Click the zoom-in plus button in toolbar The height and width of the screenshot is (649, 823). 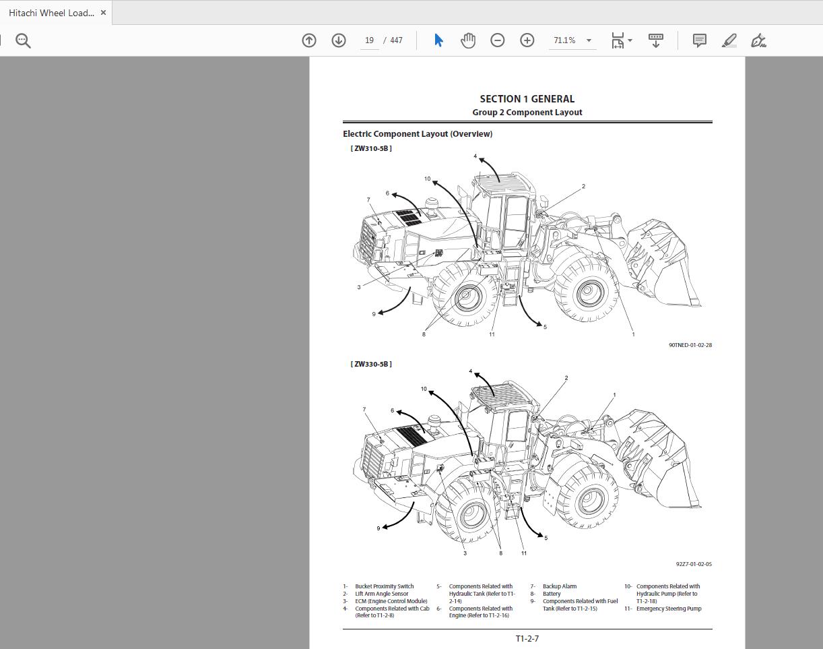click(x=527, y=40)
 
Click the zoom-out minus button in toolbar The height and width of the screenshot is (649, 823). click(x=497, y=40)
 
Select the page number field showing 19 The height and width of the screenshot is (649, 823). click(x=369, y=40)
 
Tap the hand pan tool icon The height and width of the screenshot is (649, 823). click(x=467, y=40)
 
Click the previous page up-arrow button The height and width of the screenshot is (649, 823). click(x=309, y=40)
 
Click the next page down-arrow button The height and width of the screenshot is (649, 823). click(x=339, y=40)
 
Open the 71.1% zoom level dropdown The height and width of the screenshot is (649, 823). click(x=588, y=40)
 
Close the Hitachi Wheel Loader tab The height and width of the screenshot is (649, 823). click(x=103, y=13)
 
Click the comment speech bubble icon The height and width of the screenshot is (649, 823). click(x=699, y=40)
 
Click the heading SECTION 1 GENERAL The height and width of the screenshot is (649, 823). click(x=527, y=99)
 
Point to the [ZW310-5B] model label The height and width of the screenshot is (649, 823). click(x=370, y=148)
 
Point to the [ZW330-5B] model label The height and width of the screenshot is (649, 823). click(x=370, y=364)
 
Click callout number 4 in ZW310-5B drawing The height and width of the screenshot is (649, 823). click(x=475, y=156)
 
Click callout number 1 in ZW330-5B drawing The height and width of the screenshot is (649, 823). click(x=614, y=395)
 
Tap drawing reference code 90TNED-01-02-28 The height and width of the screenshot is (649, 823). click(x=690, y=345)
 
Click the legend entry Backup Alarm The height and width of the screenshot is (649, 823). click(x=559, y=586)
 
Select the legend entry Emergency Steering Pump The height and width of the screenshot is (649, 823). click(x=669, y=609)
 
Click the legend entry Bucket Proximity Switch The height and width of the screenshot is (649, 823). click(x=384, y=586)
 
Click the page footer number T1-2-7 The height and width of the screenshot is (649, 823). click(x=527, y=638)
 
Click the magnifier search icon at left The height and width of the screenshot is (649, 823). click(x=23, y=41)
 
